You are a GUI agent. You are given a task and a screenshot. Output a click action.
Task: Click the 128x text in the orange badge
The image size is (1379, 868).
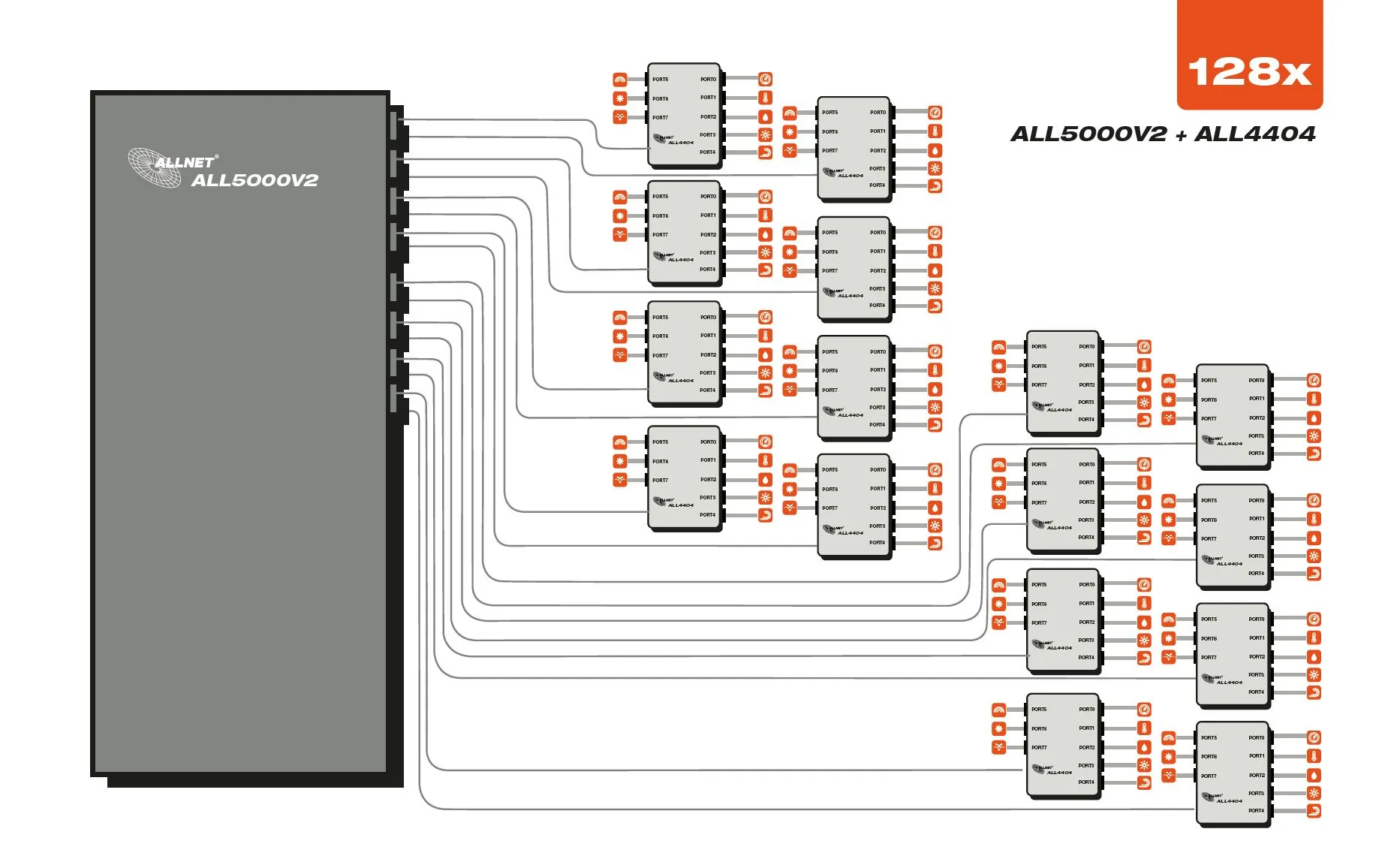(1249, 72)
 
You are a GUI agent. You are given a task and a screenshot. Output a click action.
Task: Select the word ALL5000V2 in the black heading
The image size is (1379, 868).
(1088, 134)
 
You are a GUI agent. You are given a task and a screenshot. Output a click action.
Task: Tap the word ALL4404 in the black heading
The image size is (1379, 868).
(1254, 134)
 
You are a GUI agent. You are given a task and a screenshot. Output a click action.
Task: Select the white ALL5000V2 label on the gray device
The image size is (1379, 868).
(254, 180)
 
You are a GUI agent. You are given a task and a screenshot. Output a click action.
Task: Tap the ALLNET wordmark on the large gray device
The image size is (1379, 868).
(185, 161)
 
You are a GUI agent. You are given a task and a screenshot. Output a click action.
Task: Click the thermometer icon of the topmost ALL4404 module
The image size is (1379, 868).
(765, 98)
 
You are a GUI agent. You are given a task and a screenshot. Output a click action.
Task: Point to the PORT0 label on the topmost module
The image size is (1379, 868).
(708, 79)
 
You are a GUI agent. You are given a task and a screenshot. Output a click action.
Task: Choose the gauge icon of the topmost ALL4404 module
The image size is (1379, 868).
(765, 79)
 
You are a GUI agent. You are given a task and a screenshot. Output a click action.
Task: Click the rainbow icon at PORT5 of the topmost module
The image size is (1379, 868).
(620, 79)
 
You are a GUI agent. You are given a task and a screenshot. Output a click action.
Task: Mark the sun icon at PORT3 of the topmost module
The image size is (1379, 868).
(765, 135)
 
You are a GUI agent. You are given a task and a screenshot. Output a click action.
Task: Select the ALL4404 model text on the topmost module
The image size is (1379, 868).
(681, 143)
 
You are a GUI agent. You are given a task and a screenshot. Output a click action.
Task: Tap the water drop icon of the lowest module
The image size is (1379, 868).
(1314, 775)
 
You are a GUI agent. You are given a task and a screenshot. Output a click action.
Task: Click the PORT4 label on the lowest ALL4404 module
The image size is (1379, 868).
(1256, 811)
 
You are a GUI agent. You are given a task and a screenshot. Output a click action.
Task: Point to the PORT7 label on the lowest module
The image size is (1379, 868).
(1209, 776)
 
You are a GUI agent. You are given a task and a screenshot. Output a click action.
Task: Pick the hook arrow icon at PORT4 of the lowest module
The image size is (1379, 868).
(1314, 811)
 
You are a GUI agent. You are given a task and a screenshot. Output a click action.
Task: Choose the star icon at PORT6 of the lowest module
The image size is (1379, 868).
(1169, 757)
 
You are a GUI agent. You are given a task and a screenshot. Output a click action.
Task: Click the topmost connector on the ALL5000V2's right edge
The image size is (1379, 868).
(396, 120)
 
